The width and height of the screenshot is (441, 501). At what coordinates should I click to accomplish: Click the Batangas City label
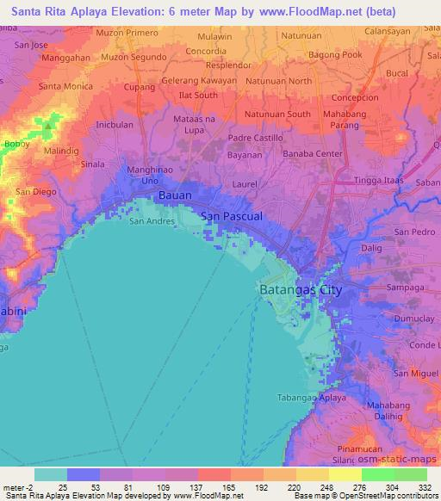tap(301, 290)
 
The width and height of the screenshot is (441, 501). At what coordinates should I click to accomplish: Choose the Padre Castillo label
tap(257, 138)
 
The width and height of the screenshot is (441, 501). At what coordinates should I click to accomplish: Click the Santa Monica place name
tap(65, 87)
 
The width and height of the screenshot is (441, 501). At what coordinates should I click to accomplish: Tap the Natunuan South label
tap(277, 114)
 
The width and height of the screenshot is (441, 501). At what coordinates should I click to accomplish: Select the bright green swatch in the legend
tap(377, 474)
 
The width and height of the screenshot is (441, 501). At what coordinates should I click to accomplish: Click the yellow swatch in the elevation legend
tap(345, 474)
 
